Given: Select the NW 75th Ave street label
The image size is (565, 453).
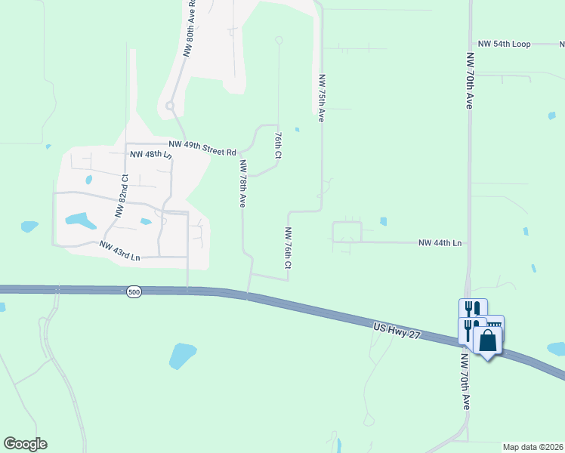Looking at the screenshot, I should pyautogui.click(x=322, y=98).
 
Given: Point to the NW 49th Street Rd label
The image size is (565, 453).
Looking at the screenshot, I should pyautogui.click(x=202, y=147).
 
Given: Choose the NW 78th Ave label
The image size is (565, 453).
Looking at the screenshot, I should pyautogui.click(x=243, y=183).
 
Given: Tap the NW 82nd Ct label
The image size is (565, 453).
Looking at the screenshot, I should pyautogui.click(x=121, y=196).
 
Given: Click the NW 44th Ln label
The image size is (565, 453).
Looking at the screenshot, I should pyautogui.click(x=440, y=243).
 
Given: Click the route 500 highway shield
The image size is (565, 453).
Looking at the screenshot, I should pyautogui.click(x=134, y=292).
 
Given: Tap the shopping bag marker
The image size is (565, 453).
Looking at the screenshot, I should pyautogui.click(x=488, y=341).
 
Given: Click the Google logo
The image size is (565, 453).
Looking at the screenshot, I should pyautogui.click(x=25, y=444).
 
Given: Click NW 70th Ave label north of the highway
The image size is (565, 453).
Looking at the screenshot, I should pyautogui.click(x=469, y=81).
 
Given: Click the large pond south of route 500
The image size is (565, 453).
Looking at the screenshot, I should pyautogui.click(x=182, y=356).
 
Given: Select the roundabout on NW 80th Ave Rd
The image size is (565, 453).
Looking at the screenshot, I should pyautogui.click(x=170, y=106).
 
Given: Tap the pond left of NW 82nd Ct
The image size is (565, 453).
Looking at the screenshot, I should pyautogui.click(x=81, y=220).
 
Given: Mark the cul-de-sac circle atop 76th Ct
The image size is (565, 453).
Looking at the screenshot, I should pyautogui.click(x=279, y=40).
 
